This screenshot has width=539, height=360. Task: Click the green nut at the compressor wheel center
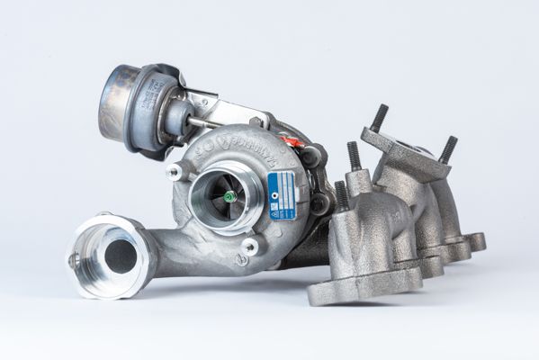229,195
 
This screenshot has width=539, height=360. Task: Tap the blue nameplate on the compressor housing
282,194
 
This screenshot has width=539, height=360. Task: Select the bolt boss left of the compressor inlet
175,171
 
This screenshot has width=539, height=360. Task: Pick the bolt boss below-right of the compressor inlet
250,246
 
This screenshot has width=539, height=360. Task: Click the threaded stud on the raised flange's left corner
379,117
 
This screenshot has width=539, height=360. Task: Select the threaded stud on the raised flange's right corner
447,148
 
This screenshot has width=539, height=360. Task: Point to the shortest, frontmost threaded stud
342,195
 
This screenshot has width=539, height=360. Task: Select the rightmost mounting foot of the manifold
474,241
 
